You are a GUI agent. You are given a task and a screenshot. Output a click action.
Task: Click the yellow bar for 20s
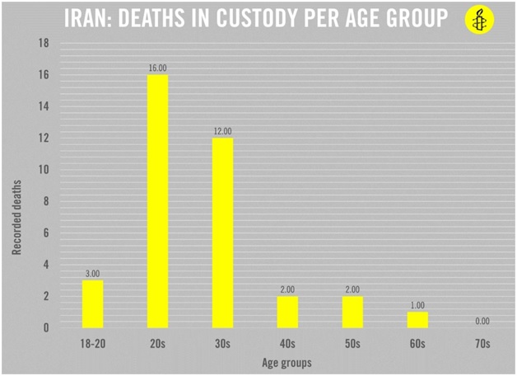point(157,201)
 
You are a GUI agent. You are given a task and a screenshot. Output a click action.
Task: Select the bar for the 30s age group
point(222,233)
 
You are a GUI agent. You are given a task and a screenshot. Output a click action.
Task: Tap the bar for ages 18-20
point(92,303)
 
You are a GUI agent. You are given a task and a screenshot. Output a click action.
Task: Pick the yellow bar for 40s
point(287,312)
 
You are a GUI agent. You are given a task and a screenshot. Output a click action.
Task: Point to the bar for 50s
point(352,312)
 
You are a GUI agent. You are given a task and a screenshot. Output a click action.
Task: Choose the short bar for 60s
point(417,319)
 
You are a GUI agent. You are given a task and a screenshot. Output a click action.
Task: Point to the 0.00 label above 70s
point(482,322)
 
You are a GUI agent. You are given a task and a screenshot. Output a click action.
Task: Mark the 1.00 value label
point(417,305)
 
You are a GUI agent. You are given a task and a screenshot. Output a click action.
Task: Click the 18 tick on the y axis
point(44,43)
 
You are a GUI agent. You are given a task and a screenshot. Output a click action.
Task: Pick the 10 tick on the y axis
point(44,170)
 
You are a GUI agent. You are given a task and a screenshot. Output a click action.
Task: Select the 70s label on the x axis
point(482,343)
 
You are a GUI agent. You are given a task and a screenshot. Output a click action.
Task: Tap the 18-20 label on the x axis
point(92,343)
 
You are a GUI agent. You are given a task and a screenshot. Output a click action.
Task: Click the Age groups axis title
point(287,361)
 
